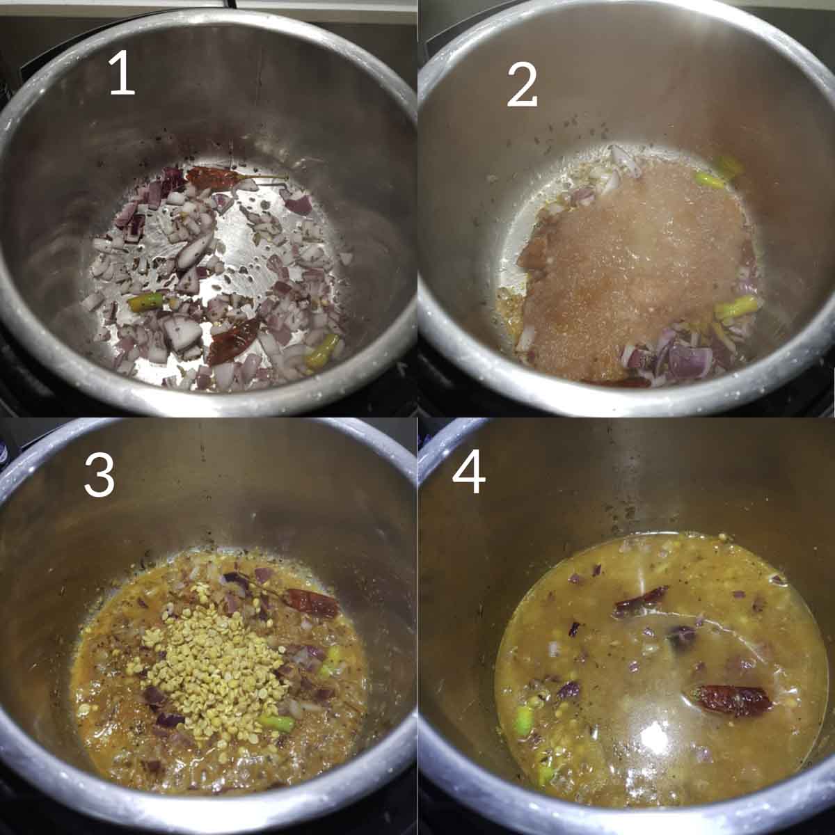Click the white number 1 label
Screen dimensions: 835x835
(122, 76)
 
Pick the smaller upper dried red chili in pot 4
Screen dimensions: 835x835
(640, 601)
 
